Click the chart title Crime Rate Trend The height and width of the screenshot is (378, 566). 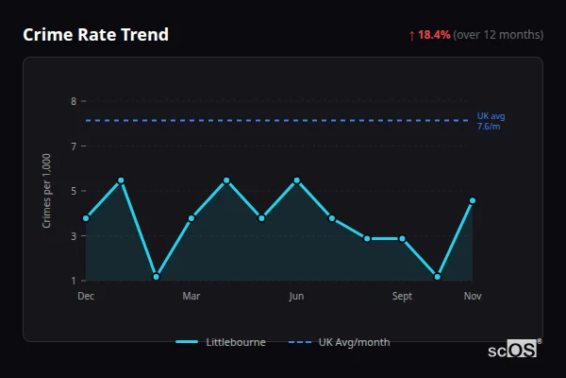[x=95, y=35]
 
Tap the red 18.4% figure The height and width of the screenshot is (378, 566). [x=435, y=35]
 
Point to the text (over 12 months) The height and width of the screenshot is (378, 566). [x=498, y=35]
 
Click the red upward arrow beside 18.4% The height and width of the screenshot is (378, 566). [x=411, y=35]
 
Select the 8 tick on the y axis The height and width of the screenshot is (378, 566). [x=74, y=101]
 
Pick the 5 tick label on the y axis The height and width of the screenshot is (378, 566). [x=74, y=191]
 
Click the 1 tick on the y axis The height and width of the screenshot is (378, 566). [x=74, y=281]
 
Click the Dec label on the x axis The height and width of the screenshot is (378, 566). [x=86, y=297]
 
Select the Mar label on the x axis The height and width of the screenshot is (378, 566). [x=191, y=297]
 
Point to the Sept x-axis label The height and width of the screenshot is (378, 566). [x=402, y=297]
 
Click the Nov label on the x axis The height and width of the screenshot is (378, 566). [x=473, y=297]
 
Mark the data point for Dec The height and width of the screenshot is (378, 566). [x=86, y=218]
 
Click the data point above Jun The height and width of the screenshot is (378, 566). [x=297, y=180]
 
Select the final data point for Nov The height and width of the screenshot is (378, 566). [x=472, y=200]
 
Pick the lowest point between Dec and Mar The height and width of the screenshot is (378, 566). [x=157, y=277]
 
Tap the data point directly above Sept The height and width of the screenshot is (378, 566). [x=402, y=239]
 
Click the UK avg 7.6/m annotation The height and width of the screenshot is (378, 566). [x=491, y=121]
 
